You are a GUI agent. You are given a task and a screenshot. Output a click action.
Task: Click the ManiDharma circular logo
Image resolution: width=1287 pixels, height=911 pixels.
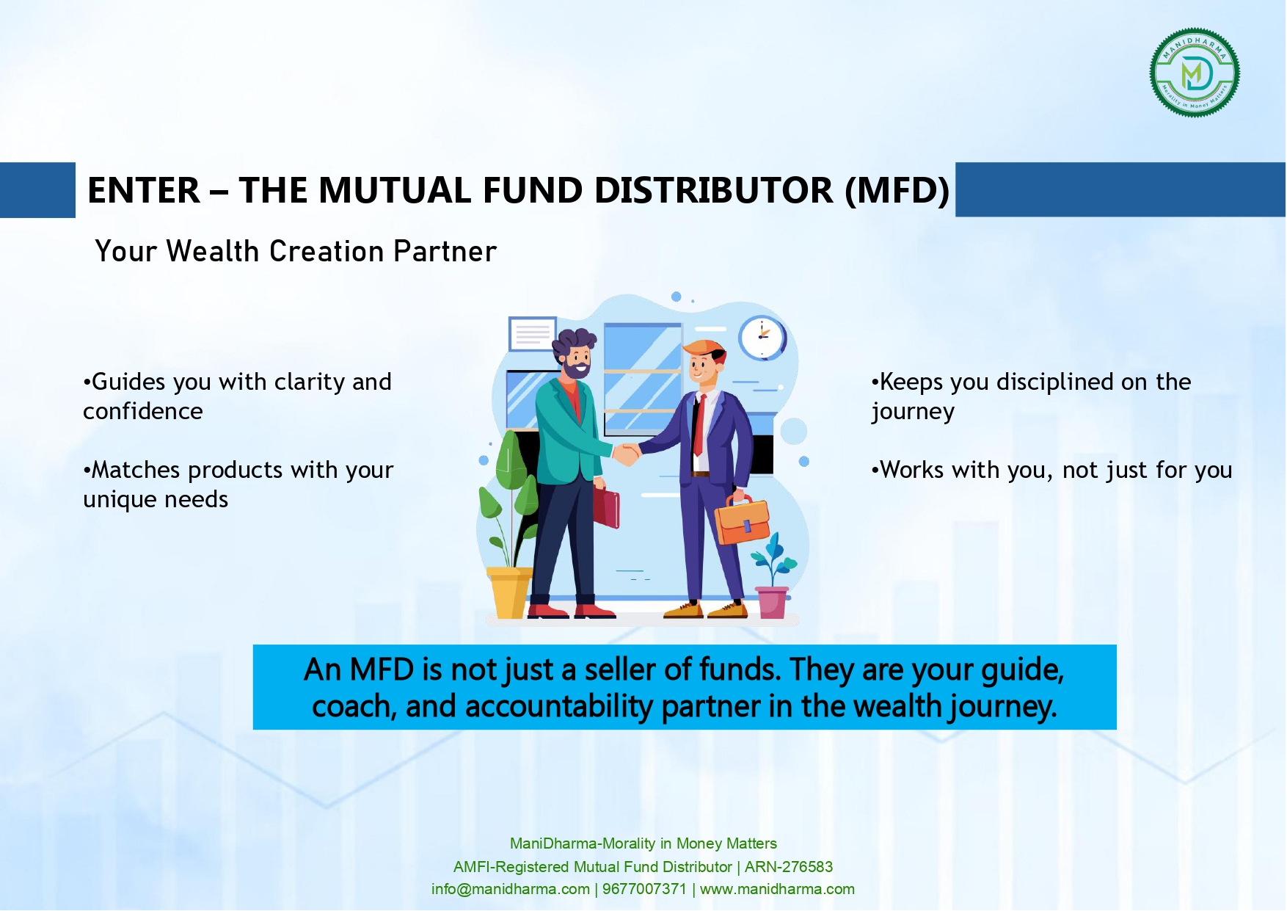pos(1195,73)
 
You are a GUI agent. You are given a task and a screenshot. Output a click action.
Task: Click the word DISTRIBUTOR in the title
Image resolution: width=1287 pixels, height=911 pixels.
pos(714,190)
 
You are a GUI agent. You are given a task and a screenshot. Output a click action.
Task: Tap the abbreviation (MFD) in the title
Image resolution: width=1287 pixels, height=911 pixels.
pos(897,191)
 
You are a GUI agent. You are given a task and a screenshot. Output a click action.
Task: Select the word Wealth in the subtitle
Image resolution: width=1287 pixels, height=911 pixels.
pos(213,251)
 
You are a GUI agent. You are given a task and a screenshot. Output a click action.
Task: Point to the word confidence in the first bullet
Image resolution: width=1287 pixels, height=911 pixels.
pos(143,411)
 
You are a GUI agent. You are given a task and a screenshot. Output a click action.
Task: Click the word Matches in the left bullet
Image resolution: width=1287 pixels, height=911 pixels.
pos(136,470)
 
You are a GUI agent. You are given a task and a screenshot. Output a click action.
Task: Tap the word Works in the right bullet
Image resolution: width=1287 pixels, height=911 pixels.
pos(911,470)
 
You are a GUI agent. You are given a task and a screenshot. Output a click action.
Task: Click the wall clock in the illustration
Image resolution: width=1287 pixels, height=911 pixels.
pos(762,337)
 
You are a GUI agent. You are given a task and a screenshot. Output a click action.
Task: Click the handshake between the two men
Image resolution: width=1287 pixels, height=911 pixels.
pos(627,453)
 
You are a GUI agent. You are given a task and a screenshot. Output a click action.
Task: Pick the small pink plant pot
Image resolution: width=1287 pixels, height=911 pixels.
pos(772,602)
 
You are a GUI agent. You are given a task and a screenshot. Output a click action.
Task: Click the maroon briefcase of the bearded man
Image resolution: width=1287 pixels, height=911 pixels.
pos(606,507)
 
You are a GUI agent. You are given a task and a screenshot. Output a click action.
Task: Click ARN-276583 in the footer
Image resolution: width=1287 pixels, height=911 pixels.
pos(789,867)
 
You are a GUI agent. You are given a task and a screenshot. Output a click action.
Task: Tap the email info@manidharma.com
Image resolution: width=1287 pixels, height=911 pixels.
pos(511,889)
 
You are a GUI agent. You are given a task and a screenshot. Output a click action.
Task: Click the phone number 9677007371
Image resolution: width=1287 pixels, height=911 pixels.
pos(644,889)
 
